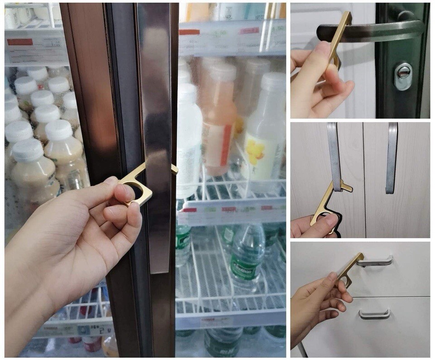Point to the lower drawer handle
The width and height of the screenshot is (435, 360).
click(x=374, y=314)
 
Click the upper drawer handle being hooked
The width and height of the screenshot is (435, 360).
click(x=376, y=260)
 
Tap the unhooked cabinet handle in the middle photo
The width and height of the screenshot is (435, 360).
click(x=391, y=156)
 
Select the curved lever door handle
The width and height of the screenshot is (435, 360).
click(x=372, y=31)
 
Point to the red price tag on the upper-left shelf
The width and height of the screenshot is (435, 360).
click(x=20, y=42)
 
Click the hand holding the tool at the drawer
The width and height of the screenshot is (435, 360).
click(x=317, y=299)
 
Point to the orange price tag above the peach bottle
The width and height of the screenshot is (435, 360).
click(x=189, y=32)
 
